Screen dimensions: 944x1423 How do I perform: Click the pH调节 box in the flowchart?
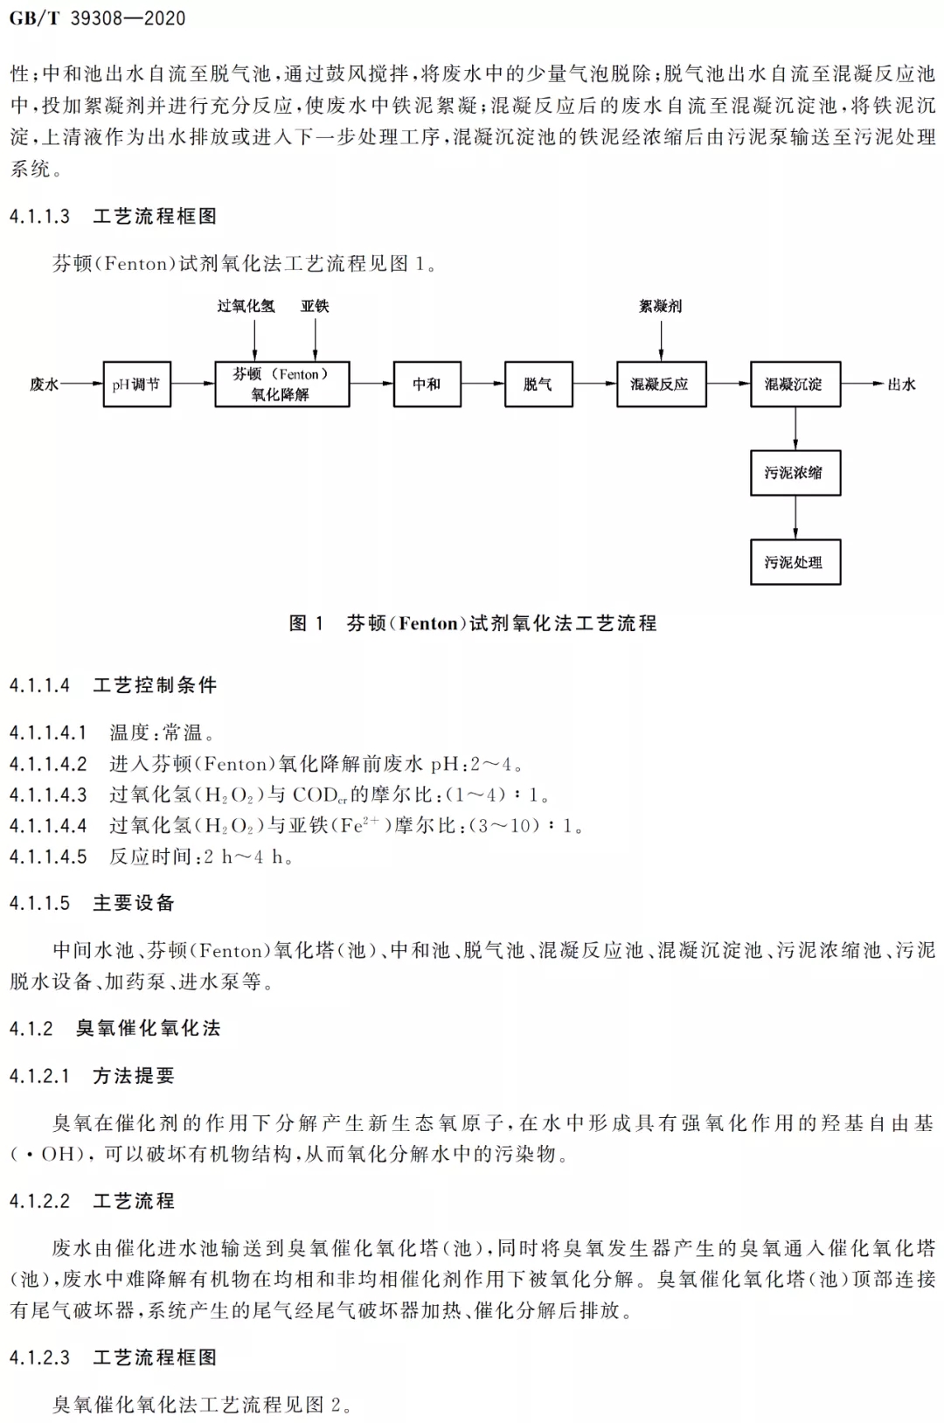pos(136,385)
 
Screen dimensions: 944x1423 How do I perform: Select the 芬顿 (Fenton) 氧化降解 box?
pos(282,385)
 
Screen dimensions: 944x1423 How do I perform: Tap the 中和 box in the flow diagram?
pos(427,385)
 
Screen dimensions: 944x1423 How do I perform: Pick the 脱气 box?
pos(538,385)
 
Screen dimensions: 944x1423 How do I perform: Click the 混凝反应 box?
pos(662,385)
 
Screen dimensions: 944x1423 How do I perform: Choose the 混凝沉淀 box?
pos(795,385)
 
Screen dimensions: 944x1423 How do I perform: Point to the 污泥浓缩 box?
pos(795,473)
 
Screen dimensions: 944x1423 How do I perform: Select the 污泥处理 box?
pos(795,562)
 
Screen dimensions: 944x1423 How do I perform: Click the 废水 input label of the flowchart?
pos(44,385)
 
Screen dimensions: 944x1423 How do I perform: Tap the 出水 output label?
pos(901,385)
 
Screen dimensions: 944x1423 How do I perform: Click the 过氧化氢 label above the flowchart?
pos(246,306)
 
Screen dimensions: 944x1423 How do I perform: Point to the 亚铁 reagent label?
pos(315,306)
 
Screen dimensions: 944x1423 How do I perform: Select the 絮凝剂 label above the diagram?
pos(661,306)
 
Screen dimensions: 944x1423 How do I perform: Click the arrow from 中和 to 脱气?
pos(482,383)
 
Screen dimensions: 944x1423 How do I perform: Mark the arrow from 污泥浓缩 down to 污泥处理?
pos(795,517)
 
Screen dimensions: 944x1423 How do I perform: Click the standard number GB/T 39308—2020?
pos(97,18)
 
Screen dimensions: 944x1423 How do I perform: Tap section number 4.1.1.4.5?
pos(48,857)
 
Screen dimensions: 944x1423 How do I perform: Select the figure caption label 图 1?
pos(306,623)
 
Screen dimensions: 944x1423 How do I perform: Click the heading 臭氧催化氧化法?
pos(148,1028)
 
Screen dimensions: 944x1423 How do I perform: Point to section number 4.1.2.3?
pos(39,1357)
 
